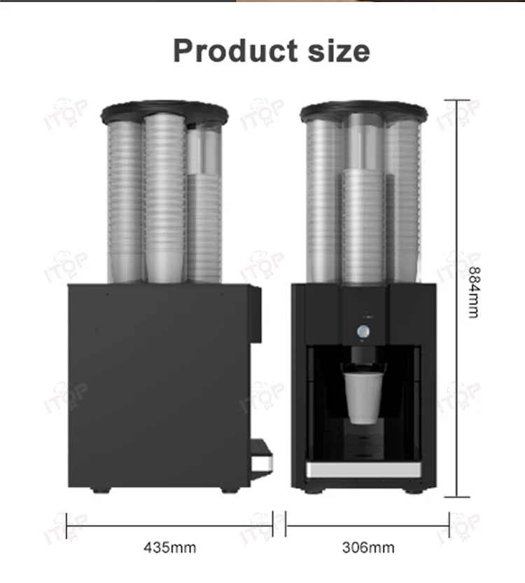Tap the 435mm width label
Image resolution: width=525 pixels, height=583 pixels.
(x=169, y=547)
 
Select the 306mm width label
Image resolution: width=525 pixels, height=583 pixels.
(x=367, y=547)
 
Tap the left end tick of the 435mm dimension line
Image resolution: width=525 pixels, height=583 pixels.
(x=67, y=522)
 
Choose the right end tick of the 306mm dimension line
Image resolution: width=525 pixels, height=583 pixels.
(x=449, y=522)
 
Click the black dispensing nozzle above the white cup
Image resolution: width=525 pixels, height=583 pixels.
(x=362, y=359)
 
